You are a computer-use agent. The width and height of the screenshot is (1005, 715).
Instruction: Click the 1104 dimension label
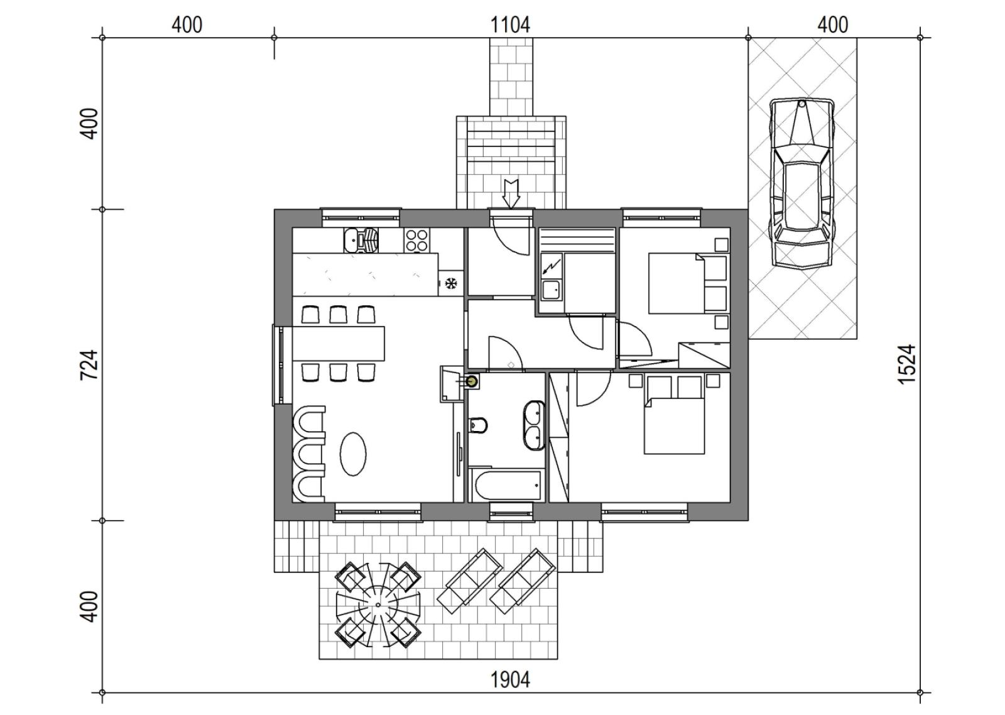(510, 25)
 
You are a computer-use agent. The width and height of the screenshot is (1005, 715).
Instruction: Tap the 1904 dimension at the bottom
(510, 680)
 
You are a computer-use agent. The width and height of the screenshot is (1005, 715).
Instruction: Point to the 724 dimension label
(89, 365)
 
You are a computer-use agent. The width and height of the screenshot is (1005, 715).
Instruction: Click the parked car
(801, 184)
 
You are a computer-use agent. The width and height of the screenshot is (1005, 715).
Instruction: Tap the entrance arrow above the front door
(511, 194)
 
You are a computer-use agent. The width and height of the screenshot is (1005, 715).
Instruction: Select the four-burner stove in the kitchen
(417, 240)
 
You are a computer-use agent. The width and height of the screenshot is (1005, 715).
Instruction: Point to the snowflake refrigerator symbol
(451, 283)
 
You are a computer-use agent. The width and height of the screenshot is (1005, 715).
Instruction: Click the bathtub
(506, 486)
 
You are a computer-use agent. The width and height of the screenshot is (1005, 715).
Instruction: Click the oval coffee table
(353, 454)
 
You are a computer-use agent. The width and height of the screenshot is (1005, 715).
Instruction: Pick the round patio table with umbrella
(378, 605)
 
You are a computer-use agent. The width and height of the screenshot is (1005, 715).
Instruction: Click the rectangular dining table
(339, 343)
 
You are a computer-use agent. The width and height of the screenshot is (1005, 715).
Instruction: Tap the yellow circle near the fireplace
(472, 382)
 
